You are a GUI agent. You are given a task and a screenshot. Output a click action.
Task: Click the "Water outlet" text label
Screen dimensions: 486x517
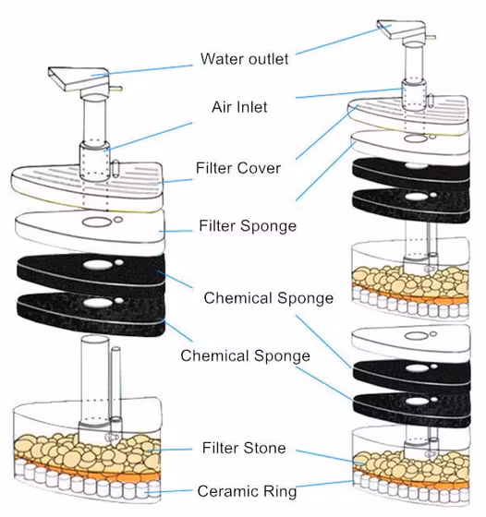(x=245, y=59)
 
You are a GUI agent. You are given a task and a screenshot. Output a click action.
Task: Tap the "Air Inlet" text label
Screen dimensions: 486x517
(x=239, y=107)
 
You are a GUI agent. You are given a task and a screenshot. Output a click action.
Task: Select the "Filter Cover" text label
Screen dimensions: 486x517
(x=238, y=168)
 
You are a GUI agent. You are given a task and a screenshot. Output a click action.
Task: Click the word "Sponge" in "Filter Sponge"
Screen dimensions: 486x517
(x=268, y=226)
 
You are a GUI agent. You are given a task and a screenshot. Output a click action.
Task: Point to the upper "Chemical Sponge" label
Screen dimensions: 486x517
(x=269, y=298)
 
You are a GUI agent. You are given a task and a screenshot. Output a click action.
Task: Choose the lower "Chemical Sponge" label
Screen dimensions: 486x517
(x=245, y=356)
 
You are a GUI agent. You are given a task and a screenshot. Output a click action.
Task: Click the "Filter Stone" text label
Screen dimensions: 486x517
(x=244, y=448)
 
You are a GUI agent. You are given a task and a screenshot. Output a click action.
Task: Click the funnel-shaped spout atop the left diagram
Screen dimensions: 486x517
(x=79, y=78)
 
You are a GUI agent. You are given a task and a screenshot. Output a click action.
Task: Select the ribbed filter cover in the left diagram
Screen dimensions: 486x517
(x=88, y=186)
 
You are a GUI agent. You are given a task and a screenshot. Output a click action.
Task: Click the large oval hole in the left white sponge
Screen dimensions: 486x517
(x=96, y=222)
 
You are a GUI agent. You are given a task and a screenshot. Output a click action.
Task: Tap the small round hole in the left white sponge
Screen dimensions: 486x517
(x=118, y=220)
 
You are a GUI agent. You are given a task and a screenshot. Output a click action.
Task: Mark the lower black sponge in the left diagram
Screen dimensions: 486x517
(x=91, y=313)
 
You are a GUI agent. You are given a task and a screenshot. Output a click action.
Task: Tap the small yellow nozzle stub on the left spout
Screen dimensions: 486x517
(x=115, y=89)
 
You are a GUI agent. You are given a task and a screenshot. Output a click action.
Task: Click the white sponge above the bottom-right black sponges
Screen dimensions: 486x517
(x=412, y=343)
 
